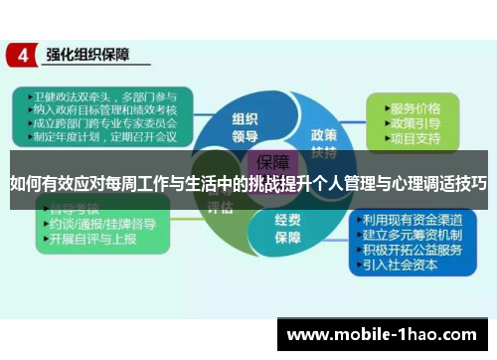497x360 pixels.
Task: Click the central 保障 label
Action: tap(271, 162)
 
